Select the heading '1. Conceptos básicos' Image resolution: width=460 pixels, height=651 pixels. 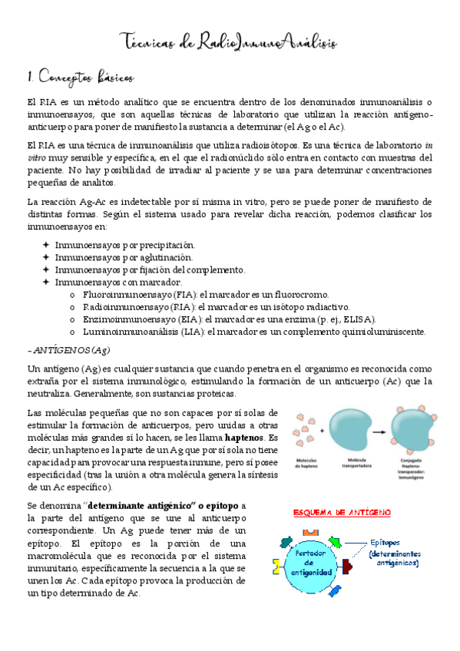click(80, 78)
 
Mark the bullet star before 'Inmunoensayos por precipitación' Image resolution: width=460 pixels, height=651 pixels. click(46, 244)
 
